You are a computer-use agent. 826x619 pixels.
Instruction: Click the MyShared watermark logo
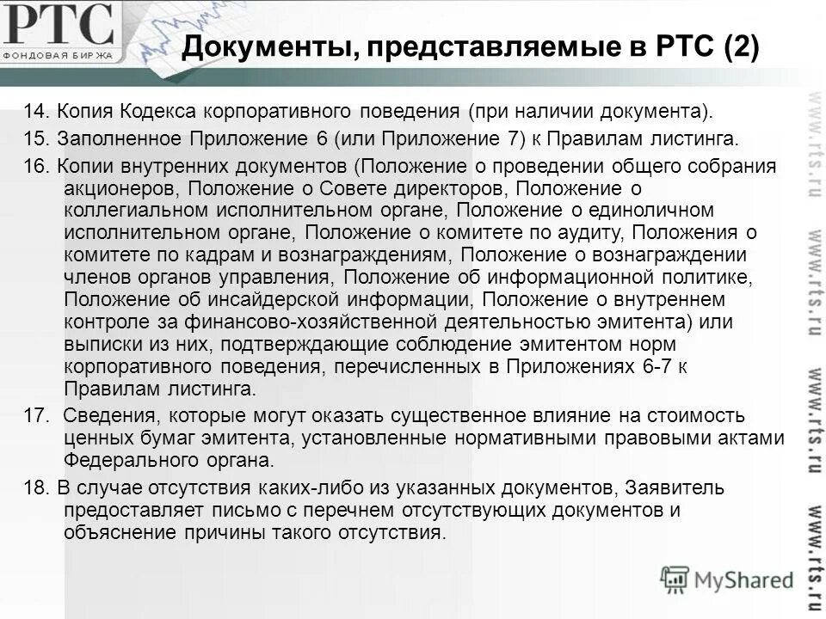click(x=728, y=579)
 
